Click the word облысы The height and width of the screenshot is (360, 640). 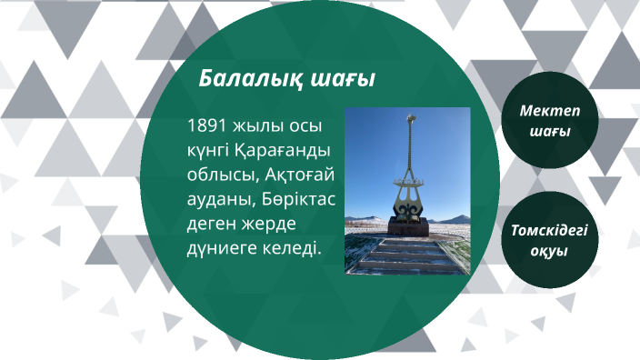[215, 174]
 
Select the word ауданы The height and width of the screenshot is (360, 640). [215, 198]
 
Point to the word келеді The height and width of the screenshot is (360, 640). [293, 247]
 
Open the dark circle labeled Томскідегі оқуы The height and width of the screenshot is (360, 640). [549, 239]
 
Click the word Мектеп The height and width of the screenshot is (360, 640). [549, 111]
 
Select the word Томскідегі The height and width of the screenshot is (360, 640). [549, 230]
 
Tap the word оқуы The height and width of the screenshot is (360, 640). [549, 251]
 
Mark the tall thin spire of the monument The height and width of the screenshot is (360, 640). [410, 150]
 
